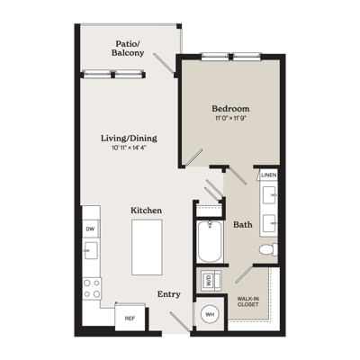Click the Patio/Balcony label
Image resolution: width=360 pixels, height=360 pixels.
coord(128,49)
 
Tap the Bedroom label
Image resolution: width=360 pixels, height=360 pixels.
coord(230,108)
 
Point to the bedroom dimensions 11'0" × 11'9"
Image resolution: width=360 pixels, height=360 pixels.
coord(230,118)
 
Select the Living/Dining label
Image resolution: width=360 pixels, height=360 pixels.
coord(129,139)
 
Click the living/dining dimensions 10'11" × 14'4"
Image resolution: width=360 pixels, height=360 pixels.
coord(129,148)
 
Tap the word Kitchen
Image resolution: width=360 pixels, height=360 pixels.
coord(147,211)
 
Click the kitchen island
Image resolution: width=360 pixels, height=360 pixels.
coord(147,247)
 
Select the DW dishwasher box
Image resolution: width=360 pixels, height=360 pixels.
coord(91,229)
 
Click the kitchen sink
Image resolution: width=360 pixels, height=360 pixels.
coord(91,250)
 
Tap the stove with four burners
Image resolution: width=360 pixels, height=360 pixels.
coord(92,289)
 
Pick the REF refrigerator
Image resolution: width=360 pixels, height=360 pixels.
coord(130,319)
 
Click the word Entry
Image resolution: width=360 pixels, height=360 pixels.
coord(169,294)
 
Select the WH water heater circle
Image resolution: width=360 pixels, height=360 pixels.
coord(210,314)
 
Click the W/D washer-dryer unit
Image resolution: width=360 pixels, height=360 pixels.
coord(211,280)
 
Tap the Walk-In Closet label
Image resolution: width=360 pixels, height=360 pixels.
coord(248,301)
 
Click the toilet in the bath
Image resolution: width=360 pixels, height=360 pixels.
coord(268,249)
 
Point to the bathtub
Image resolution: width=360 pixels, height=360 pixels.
coord(210,242)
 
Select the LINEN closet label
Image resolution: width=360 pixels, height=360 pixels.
coord(269,175)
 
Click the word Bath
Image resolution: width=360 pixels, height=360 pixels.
coord(243,224)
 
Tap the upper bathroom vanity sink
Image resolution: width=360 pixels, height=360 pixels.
coord(270,194)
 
